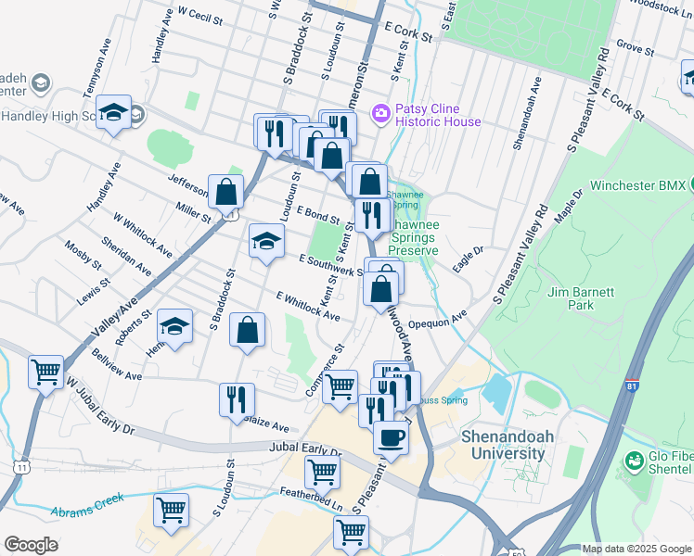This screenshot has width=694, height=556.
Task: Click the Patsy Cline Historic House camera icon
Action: coord(380,113)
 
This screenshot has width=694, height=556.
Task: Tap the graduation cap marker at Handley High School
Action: coord(113,114)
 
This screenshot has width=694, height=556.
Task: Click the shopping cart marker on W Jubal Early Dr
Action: coord(45,372)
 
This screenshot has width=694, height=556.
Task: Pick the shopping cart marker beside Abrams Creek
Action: coord(171,510)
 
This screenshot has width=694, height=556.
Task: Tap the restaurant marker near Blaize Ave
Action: coord(237,399)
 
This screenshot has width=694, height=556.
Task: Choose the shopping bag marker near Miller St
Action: coord(225,192)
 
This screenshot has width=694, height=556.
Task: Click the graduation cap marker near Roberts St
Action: coord(174,325)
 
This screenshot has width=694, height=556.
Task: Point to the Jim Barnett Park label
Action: coord(581,297)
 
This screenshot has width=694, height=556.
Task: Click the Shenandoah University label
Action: coord(503,445)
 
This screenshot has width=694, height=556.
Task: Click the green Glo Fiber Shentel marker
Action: coord(635,460)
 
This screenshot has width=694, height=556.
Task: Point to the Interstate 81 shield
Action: coord(631,386)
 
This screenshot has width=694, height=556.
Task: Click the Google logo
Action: coord(31,545)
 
